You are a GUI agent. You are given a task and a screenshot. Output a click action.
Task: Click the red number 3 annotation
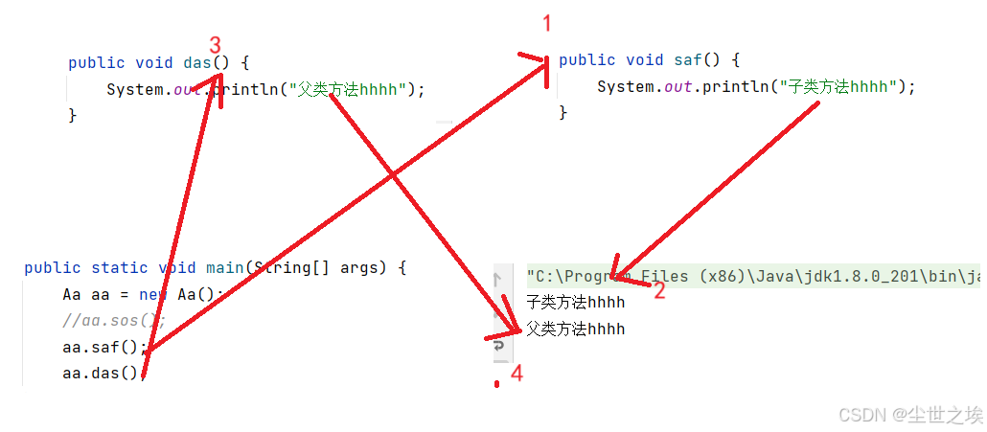coord(215,45)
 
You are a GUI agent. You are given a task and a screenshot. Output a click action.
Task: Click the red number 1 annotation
coord(547,24)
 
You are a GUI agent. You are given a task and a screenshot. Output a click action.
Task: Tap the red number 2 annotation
coord(658,291)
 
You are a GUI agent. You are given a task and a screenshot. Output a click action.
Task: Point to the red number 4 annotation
coord(516,374)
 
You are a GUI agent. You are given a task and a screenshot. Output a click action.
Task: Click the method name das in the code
coord(197,63)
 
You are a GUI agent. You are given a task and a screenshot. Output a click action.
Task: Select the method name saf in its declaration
coord(688,60)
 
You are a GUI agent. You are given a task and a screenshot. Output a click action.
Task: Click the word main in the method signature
coord(224,268)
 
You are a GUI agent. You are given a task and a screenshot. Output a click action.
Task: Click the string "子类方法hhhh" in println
coord(842,87)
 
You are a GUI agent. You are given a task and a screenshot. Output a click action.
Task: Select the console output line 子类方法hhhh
coord(575,303)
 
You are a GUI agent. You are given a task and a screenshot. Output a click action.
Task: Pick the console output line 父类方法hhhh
coord(575,330)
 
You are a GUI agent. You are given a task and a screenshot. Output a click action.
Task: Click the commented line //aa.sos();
coord(114,321)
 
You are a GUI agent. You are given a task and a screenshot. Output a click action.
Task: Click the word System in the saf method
coord(625,87)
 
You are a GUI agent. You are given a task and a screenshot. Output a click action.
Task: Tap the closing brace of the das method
coord(72,115)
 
